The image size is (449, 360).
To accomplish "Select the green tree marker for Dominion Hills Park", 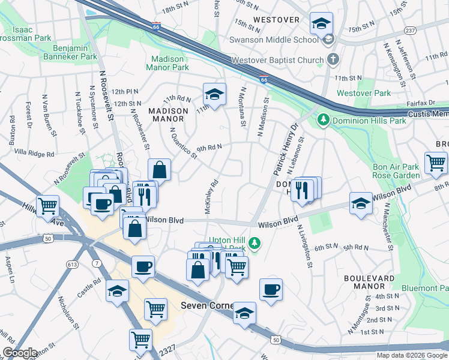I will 324,120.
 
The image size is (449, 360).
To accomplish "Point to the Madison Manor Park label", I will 170,63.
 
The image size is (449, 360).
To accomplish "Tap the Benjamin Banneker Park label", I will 75,52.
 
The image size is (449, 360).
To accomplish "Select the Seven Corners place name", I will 207,305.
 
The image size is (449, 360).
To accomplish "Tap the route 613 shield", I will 73,265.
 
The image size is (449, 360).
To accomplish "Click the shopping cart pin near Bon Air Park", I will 435,163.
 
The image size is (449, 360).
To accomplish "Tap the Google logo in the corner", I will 20,353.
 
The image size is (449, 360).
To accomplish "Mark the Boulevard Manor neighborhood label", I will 369,283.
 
